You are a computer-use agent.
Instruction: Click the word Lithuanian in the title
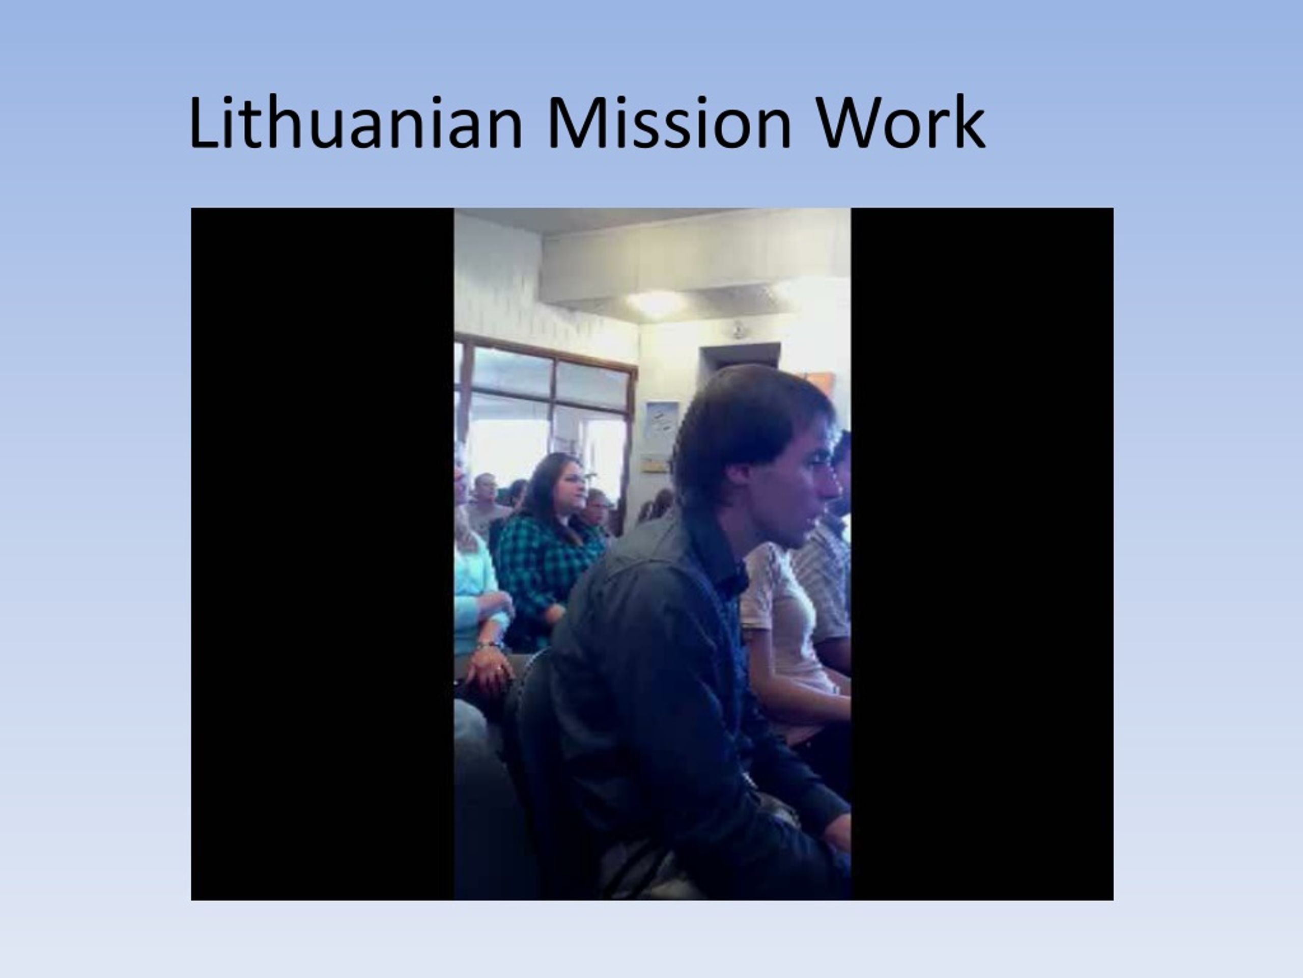click(x=356, y=122)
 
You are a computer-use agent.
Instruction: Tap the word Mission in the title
click(x=669, y=122)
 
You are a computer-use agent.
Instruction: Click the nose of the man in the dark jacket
click(x=833, y=488)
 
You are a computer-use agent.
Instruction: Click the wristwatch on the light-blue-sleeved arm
click(x=488, y=644)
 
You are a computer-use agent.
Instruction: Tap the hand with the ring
click(x=490, y=672)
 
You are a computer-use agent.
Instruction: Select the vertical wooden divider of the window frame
click(x=553, y=401)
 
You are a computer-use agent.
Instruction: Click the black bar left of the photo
click(x=322, y=554)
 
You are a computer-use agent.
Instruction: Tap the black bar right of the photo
click(x=982, y=554)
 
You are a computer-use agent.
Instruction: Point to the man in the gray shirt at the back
click(x=487, y=504)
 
